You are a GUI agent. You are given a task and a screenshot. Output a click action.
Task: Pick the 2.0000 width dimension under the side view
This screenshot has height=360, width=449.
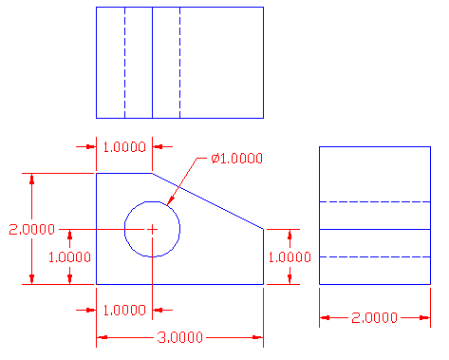[x=375, y=318]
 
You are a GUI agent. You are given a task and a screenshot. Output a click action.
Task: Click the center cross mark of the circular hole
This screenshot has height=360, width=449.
[x=152, y=229]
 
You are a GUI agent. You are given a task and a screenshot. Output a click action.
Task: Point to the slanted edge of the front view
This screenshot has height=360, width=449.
[x=209, y=200]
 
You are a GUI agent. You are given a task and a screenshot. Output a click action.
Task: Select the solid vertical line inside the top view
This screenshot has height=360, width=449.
[x=152, y=62]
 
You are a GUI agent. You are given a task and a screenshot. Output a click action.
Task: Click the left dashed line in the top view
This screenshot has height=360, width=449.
[x=124, y=62]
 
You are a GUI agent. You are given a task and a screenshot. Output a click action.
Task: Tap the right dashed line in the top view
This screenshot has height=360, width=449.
[x=179, y=62]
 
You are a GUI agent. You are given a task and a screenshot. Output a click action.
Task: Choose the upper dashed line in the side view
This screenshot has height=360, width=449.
[x=375, y=202]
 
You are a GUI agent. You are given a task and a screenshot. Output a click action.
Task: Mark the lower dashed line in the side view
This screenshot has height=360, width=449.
[x=375, y=256]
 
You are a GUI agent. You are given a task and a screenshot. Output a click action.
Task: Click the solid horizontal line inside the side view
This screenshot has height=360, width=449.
[x=375, y=229]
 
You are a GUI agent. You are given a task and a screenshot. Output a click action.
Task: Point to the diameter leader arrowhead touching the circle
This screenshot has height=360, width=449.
[x=170, y=201]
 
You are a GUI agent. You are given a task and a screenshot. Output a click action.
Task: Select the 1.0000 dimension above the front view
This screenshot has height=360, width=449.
[x=125, y=146]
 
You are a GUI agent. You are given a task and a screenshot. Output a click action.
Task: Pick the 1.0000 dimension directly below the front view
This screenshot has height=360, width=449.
[x=125, y=310]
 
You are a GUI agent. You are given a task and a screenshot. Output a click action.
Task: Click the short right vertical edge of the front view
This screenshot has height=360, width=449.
[x=263, y=256]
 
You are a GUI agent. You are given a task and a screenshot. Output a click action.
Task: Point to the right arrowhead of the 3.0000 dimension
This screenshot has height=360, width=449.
[x=257, y=337]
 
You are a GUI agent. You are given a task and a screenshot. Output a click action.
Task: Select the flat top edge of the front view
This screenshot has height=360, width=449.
[x=124, y=173]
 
